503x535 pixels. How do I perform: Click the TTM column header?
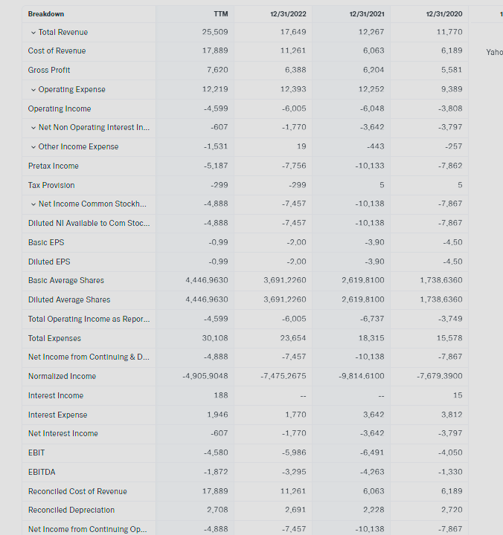(x=220, y=14)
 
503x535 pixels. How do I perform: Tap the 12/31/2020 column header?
(x=444, y=14)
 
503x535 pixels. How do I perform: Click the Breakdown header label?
(x=46, y=14)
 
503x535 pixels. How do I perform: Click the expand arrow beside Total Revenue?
(x=33, y=32)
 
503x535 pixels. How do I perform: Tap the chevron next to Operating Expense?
(x=33, y=89)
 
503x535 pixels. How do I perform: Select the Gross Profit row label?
(x=49, y=70)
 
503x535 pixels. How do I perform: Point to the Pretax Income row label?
(x=53, y=166)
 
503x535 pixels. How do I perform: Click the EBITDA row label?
(x=42, y=472)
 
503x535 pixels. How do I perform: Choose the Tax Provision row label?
(x=51, y=185)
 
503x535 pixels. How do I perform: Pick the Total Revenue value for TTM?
(x=215, y=32)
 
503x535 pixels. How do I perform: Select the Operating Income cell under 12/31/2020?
(x=449, y=108)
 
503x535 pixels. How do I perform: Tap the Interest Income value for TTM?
(x=220, y=395)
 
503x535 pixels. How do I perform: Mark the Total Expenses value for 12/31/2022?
(x=293, y=338)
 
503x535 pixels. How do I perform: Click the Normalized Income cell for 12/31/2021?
(x=362, y=376)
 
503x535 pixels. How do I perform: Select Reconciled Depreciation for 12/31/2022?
(x=295, y=510)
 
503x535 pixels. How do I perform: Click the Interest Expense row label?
(x=57, y=415)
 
